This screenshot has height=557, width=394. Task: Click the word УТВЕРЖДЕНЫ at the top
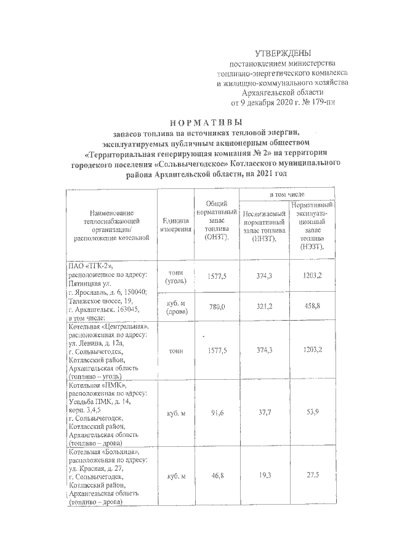pos(283,54)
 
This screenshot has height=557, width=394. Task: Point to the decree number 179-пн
pos(324,102)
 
